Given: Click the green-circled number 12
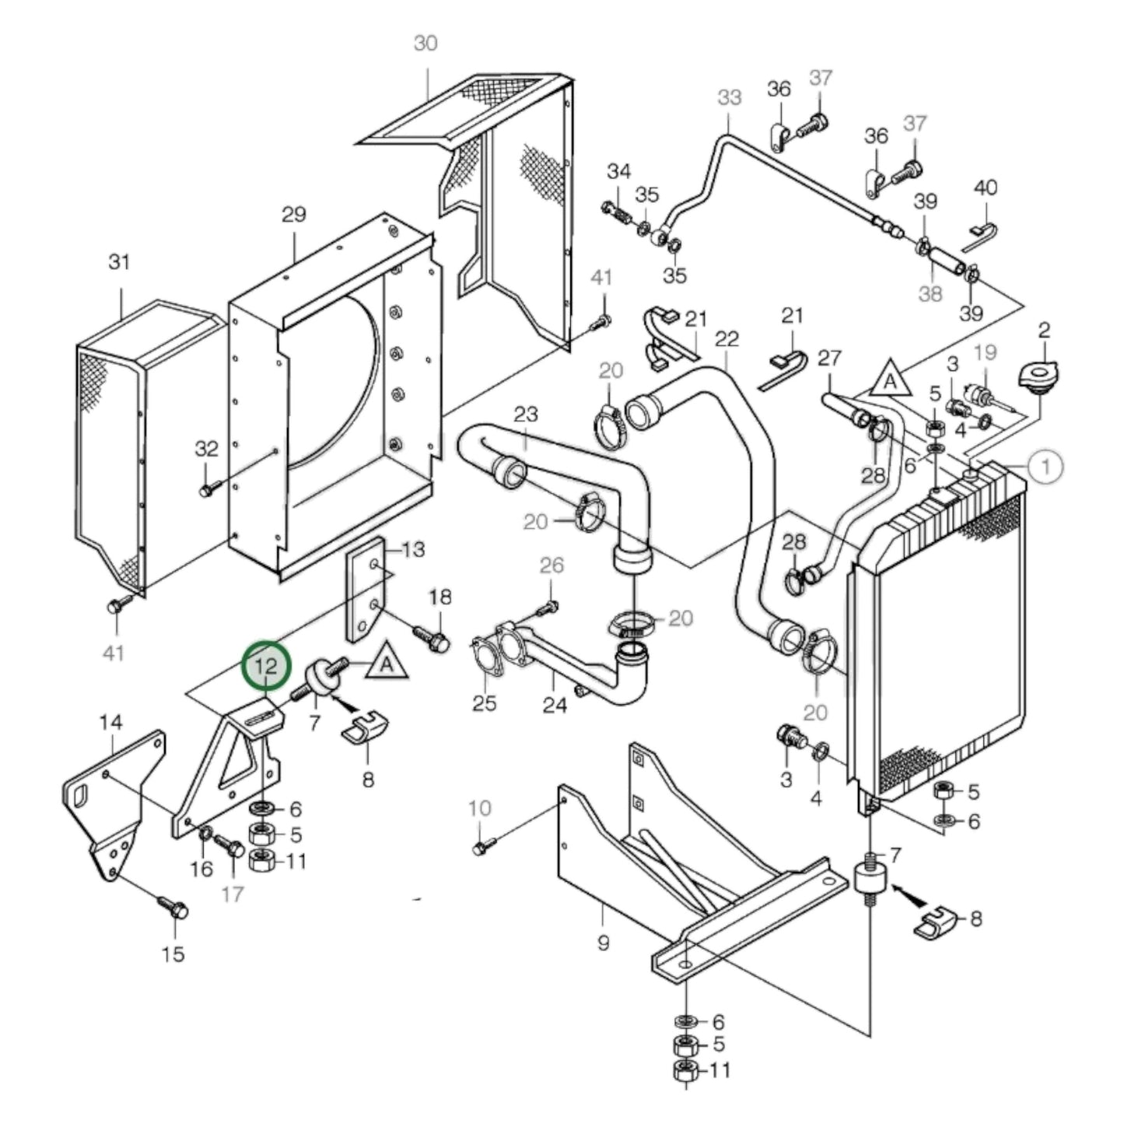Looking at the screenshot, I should [266, 667].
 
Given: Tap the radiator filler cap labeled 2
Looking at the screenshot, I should [1042, 379].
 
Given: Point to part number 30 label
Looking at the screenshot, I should [425, 44].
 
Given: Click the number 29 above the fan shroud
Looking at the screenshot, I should [293, 215].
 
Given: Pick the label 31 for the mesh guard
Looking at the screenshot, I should [119, 263].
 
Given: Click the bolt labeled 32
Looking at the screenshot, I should [207, 489].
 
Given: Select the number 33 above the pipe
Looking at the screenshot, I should [729, 98].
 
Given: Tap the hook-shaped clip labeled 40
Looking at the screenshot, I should [982, 234].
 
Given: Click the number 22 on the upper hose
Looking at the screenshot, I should [727, 339].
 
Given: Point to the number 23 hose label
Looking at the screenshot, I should [526, 414].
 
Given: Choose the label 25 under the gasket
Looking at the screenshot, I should [485, 704].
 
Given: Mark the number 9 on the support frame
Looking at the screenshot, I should [603, 944].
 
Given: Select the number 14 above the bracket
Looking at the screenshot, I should [110, 723].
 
